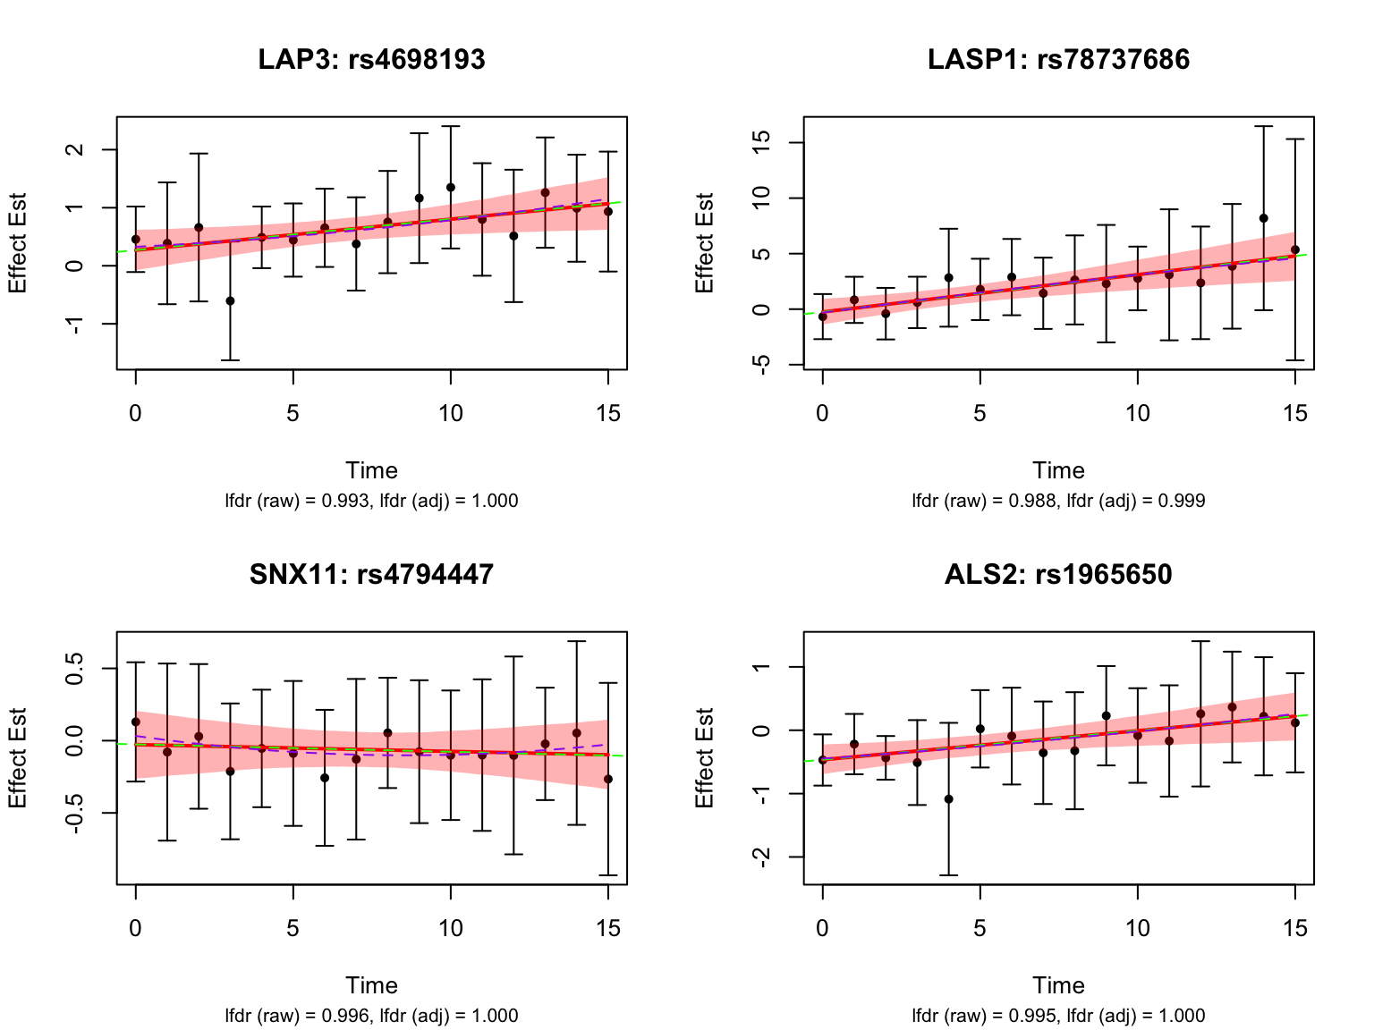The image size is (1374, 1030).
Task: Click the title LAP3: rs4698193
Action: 371,60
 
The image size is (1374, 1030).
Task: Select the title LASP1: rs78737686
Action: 1058,60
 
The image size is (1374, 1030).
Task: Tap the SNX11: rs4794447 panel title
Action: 371,574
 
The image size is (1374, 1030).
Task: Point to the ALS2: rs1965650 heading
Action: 1058,574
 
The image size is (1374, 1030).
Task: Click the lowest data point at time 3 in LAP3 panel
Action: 230,301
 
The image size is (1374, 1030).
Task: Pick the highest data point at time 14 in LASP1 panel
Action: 1263,218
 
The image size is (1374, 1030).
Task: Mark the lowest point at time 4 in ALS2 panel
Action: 948,799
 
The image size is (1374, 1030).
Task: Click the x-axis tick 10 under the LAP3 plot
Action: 450,413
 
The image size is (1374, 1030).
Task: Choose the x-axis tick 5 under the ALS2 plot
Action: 980,928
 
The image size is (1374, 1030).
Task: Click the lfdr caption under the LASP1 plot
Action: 1058,501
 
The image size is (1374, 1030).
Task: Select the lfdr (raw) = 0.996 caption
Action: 371,1016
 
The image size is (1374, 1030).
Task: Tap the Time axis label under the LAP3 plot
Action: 371,471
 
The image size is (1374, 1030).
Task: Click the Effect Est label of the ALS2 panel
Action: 705,758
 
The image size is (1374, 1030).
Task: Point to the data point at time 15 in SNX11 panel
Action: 608,780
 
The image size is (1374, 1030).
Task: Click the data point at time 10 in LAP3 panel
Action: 450,188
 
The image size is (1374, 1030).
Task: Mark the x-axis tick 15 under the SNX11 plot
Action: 608,928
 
